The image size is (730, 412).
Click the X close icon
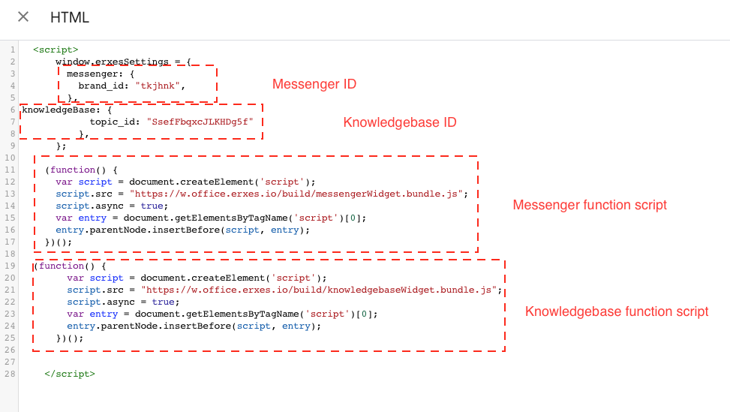[x=23, y=17]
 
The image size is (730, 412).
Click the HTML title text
[x=69, y=18]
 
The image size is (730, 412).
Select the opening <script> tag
[x=56, y=50]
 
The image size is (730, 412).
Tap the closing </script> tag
[x=70, y=374]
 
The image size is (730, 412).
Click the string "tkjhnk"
[x=158, y=86]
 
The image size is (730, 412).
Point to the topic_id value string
[x=200, y=122]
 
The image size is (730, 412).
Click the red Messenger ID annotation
[x=314, y=84]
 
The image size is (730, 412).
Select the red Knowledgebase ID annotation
[x=400, y=122]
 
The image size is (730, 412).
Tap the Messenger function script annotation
[x=590, y=205]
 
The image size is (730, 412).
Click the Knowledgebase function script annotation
[x=617, y=311]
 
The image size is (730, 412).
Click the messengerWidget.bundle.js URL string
[x=296, y=194]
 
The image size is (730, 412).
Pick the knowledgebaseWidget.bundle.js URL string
[x=319, y=290]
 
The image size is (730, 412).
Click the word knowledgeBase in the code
[x=61, y=110]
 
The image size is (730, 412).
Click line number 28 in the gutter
[x=11, y=374]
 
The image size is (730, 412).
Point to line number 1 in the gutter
[x=13, y=50]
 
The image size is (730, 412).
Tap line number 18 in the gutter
[x=11, y=254]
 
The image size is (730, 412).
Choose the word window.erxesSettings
[x=113, y=62]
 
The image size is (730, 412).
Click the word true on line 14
[x=152, y=206]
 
